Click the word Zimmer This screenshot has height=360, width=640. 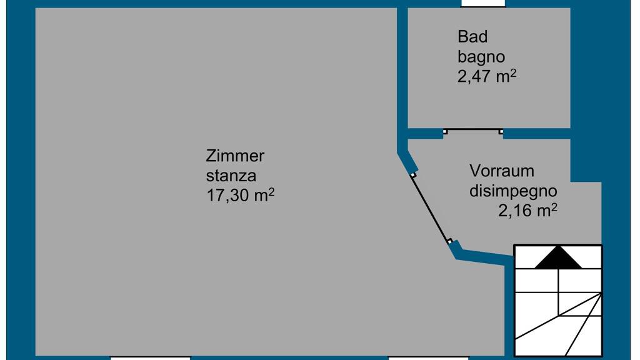236,156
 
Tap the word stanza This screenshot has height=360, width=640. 231,176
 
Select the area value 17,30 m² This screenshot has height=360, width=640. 241,196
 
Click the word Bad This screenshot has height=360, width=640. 472,37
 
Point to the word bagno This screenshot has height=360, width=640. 481,57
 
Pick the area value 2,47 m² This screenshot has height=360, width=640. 487,76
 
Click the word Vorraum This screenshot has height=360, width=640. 502,171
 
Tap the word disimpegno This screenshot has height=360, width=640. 513,191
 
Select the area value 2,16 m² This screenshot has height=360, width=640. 527,211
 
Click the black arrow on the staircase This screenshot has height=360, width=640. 558,257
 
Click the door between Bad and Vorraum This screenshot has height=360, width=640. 473,131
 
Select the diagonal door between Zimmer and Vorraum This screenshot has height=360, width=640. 431,208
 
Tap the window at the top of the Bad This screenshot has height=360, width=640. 482,4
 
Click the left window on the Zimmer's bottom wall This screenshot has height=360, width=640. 151,357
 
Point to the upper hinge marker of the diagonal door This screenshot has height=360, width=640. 413,176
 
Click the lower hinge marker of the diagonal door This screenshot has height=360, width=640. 449,241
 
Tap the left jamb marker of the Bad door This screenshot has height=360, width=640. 445,132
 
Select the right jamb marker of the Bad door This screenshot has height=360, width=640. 501,132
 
